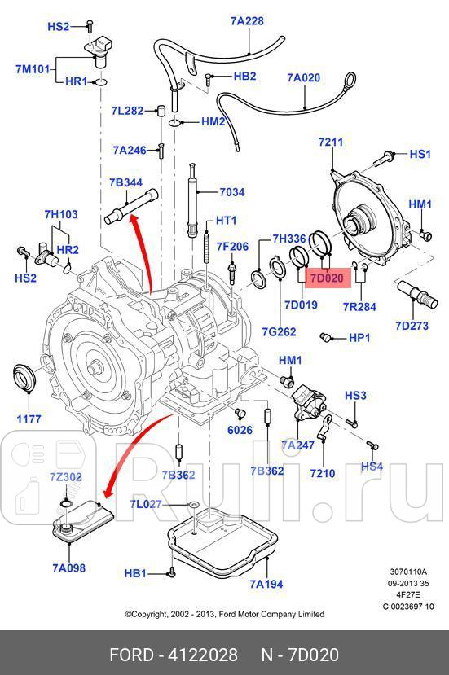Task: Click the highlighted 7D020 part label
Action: coord(327,278)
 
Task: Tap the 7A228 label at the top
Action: coord(246,22)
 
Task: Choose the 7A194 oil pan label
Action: coord(266,583)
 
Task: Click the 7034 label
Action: coord(231,193)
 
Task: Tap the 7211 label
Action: coord(331,142)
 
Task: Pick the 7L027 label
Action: coord(147,505)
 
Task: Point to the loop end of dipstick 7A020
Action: coord(350,80)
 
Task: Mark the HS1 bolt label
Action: coord(420,154)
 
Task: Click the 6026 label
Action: coord(240,430)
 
